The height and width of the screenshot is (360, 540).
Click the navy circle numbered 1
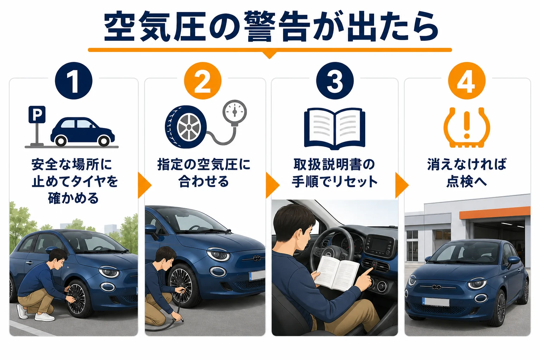[73, 81]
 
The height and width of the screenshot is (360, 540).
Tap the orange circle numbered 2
[202, 81]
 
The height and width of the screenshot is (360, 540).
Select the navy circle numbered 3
[335, 81]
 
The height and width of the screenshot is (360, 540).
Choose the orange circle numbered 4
[467, 81]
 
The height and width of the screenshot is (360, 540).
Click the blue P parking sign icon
[37, 114]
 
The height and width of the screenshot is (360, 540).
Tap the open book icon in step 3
[335, 129]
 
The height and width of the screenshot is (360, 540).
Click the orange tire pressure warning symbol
[467, 127]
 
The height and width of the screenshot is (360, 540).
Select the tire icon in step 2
[186, 127]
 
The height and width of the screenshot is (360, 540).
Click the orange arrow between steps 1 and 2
[144, 185]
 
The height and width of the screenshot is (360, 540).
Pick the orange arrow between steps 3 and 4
[402, 185]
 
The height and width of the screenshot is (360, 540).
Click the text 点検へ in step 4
[467, 181]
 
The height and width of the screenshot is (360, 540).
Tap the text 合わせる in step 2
[204, 181]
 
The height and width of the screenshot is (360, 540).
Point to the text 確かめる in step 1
[73, 198]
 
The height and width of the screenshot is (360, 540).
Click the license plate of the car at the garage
[436, 302]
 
